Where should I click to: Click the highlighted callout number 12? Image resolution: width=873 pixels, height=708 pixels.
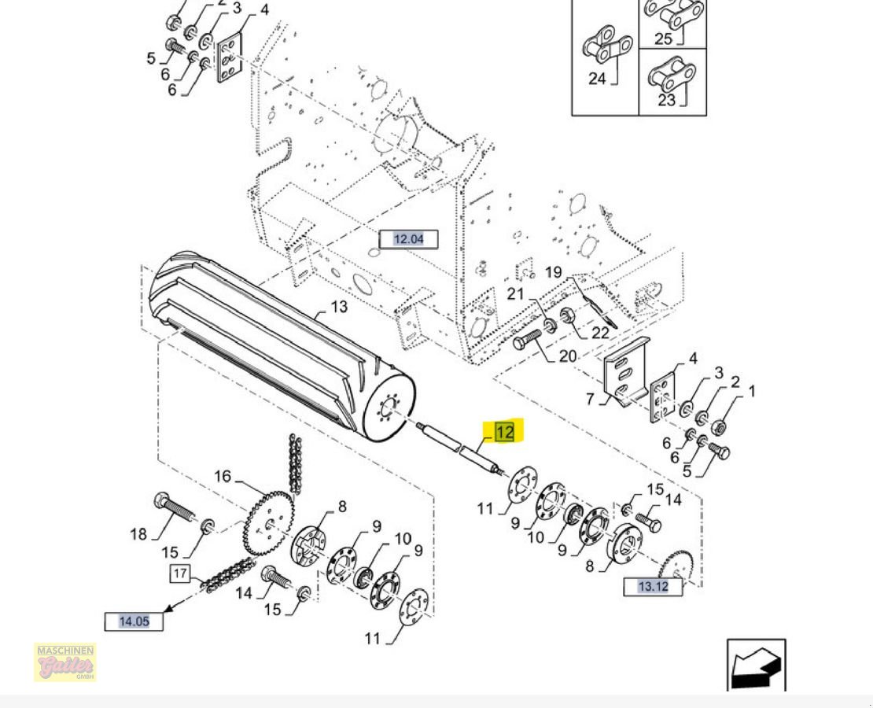pos(504,431)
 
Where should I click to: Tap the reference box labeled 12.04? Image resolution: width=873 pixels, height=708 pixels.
pos(408,239)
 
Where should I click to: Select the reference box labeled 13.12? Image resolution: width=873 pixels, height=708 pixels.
pos(653,586)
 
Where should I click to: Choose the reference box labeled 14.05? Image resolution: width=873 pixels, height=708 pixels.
pos(134,621)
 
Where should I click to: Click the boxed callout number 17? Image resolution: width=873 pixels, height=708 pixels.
pos(180,573)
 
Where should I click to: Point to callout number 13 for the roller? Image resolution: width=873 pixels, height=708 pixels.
pos(338,306)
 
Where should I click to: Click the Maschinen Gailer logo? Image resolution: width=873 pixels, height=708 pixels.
pos(64,662)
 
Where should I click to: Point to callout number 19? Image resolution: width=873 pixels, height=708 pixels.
pos(554,272)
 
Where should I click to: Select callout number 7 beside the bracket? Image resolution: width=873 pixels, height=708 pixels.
pos(590,399)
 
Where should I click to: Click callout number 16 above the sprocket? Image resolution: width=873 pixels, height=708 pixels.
pos(223,476)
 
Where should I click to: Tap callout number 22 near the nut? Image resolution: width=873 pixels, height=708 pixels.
pos(600,333)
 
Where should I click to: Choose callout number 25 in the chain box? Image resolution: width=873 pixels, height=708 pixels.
pos(663,39)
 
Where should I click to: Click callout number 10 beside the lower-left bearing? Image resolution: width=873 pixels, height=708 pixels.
pos(403,539)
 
